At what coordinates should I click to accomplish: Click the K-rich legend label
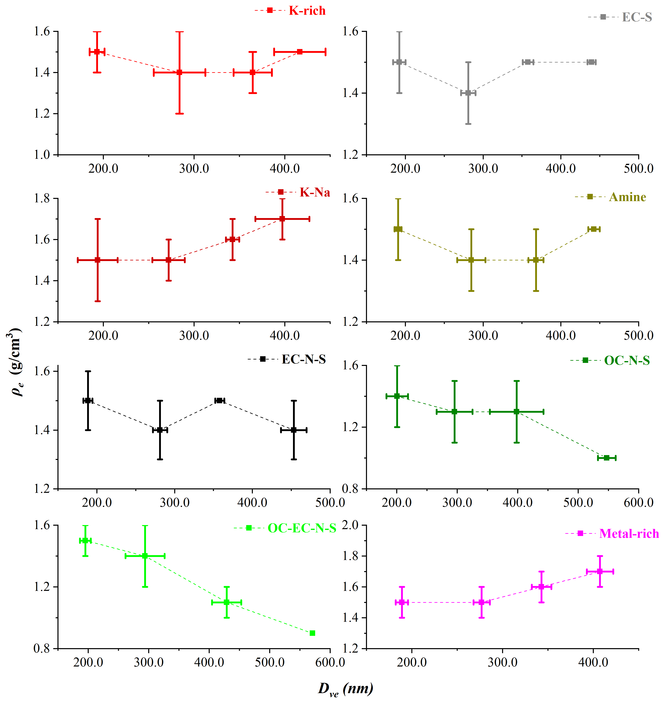pyautogui.click(x=307, y=11)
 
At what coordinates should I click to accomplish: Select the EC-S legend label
pyautogui.click(x=637, y=17)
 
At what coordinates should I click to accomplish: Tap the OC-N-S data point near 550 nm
pyautogui.click(x=607, y=458)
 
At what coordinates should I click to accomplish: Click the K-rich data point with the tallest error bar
pyautogui.click(x=179, y=72)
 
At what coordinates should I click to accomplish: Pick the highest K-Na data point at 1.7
pyautogui.click(x=282, y=219)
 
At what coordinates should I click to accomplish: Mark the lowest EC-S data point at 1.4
pyautogui.click(x=468, y=93)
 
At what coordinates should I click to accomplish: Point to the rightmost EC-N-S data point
pyautogui.click(x=294, y=430)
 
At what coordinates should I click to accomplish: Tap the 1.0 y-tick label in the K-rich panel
pyautogui.click(x=42, y=155)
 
